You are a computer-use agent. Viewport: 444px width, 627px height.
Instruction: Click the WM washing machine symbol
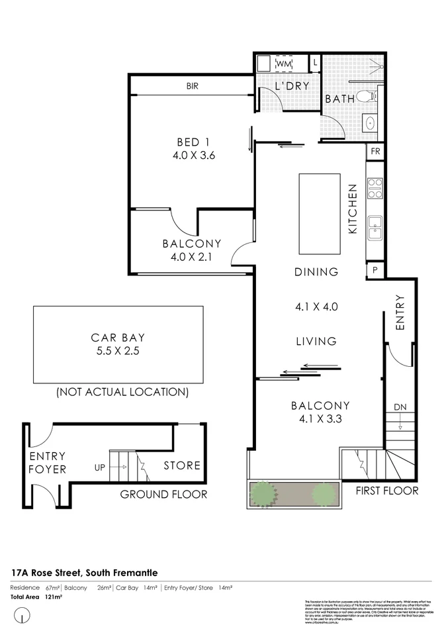point(284,63)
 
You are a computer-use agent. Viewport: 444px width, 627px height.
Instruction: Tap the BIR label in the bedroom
point(193,86)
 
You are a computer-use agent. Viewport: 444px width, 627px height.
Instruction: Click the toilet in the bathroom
point(365,97)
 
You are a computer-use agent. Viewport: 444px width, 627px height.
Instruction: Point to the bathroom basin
point(370,124)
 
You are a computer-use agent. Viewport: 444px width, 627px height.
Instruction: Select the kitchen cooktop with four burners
point(375,189)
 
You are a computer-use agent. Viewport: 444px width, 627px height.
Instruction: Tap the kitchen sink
point(375,227)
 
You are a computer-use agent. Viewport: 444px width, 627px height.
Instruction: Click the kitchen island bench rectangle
point(320,213)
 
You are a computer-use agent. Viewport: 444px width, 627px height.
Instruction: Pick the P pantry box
point(375,270)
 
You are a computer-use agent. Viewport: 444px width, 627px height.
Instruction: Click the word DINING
point(316,272)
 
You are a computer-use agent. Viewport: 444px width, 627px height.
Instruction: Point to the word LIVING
point(316,342)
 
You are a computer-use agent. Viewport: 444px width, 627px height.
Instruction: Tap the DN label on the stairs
point(400,407)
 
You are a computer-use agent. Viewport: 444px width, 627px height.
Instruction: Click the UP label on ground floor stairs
point(101,467)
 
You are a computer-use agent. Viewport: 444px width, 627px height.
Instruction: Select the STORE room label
point(182,465)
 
